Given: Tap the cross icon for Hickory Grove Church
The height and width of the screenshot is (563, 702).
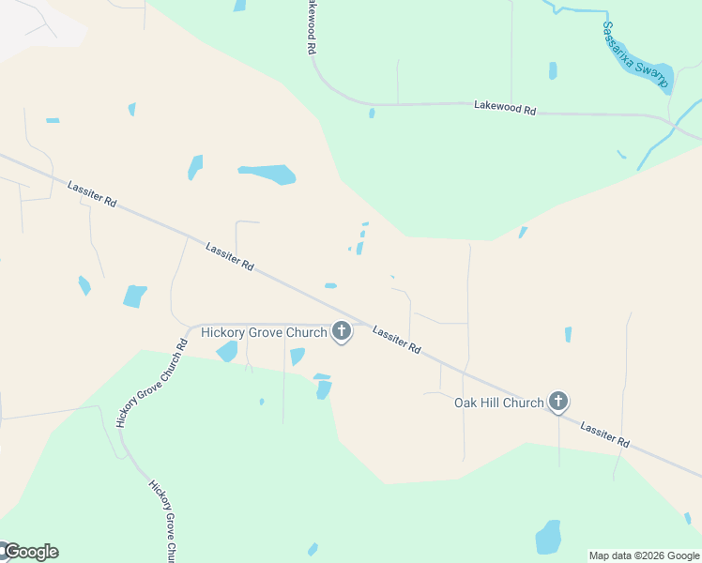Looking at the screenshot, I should click(342, 331).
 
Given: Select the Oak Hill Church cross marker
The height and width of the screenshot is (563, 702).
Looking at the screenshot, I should click(558, 403).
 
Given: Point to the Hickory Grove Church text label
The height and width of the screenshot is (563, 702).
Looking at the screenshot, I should click(264, 332).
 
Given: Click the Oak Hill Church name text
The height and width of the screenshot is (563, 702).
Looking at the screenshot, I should click(498, 403).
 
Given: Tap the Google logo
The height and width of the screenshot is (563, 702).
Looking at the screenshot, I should click(31, 552).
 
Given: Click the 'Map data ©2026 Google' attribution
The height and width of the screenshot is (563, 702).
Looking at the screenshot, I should click(644, 555).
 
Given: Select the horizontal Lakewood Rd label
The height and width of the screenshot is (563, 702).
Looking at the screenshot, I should click(505, 109).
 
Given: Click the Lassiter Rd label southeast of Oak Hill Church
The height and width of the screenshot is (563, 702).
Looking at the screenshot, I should click(604, 434).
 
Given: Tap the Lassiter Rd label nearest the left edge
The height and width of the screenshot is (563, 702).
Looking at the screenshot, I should click(92, 194).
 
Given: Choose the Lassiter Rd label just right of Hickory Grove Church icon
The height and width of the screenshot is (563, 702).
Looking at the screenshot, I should click(396, 339).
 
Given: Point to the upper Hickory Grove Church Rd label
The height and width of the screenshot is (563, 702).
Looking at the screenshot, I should click(152, 383).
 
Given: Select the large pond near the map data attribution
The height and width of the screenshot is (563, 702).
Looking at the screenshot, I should click(548, 538).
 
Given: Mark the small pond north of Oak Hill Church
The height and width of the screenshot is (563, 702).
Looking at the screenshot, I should click(568, 334).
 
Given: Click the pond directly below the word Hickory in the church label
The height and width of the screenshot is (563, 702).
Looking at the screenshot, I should click(227, 351).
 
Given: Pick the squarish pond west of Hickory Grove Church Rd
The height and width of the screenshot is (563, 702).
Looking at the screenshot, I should click(135, 296).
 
